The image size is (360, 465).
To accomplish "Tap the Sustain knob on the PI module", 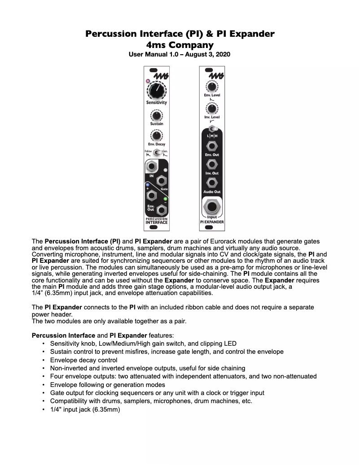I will [156, 116].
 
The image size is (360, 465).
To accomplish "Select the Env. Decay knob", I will [156, 136].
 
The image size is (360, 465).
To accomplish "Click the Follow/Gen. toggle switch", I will [157, 153].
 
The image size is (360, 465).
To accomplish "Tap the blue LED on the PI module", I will [147, 184].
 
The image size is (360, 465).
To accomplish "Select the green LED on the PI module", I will [165, 199].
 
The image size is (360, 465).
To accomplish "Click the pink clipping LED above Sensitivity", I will [147, 81].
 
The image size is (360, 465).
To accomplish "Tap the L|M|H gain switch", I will [212, 130].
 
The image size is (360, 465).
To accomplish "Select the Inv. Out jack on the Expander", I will [212, 165].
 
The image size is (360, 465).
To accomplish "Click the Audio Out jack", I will [212, 183].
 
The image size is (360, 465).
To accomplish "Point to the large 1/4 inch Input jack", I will [212, 207].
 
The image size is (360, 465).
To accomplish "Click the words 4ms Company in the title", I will [180, 44].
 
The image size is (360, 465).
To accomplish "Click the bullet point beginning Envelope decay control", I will [84, 360].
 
